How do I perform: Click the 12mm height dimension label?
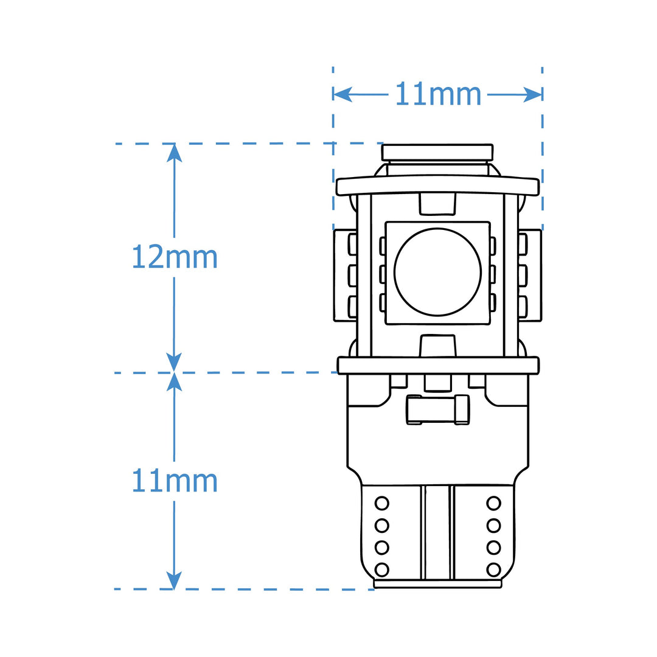[175, 257]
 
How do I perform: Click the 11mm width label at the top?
[438, 94]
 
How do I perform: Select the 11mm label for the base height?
[175, 481]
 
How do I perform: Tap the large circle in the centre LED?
[437, 272]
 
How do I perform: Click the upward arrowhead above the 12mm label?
[175, 153]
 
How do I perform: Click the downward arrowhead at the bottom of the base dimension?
[175, 580]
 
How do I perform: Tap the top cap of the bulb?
[437, 153]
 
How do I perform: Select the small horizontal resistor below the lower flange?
[438, 409]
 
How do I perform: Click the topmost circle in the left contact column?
[381, 503]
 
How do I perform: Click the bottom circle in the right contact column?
[493, 570]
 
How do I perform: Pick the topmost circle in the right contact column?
[493, 503]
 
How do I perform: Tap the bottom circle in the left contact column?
[381, 570]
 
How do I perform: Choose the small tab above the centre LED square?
[437, 204]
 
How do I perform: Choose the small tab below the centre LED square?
[437, 346]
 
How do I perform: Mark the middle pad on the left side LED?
[352, 276]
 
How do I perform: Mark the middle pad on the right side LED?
[523, 276]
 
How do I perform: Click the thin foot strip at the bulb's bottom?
[437, 583]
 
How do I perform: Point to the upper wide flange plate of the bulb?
[437, 186]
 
